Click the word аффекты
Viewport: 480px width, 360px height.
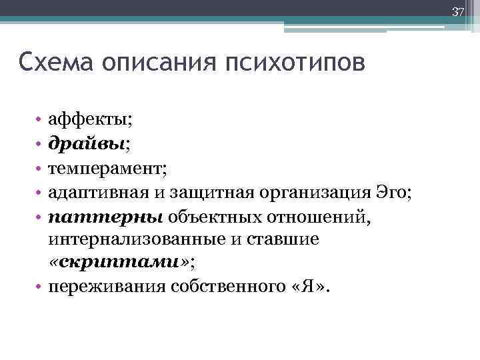88,120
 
